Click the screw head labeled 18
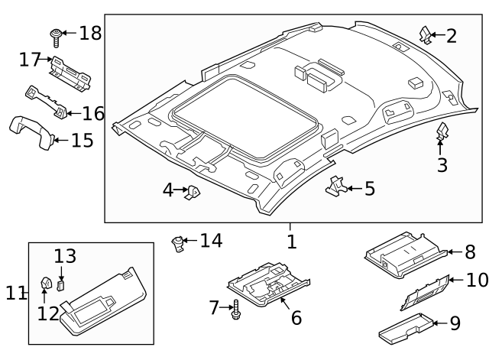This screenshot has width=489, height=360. [x=56, y=34]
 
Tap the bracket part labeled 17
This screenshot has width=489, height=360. [x=70, y=70]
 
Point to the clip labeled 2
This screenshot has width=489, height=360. [x=426, y=34]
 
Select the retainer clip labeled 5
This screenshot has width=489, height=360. [x=335, y=186]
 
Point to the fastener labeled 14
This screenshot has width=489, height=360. [x=179, y=244]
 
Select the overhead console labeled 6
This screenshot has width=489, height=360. [x=267, y=284]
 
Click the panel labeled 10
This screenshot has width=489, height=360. [x=423, y=290]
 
